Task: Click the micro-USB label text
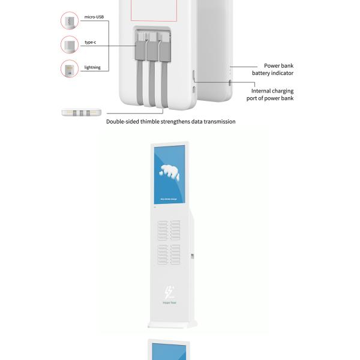pyautogui.click(x=94, y=17)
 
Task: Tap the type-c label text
pyautogui.click(x=90, y=43)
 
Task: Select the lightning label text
pyautogui.click(x=92, y=68)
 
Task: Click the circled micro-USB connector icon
pyautogui.click(x=70, y=22)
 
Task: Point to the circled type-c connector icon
pyautogui.click(x=70, y=44)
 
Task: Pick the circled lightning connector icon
pyautogui.click(x=70, y=68)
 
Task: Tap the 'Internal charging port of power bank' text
pyautogui.click(x=271, y=95)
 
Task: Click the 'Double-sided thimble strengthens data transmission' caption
pyautogui.click(x=171, y=121)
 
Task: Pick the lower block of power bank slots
pyautogui.click(x=169, y=254)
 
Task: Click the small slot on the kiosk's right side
pyautogui.click(x=192, y=257)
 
